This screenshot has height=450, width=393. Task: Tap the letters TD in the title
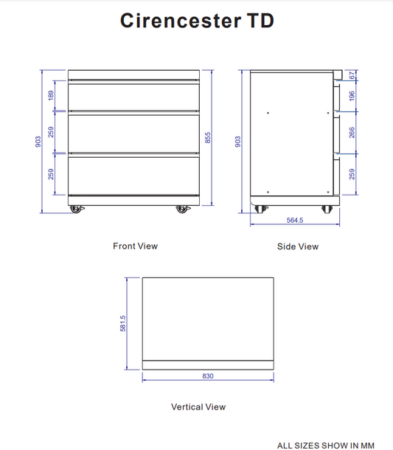pos(257,21)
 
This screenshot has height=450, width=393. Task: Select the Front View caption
pos(135,246)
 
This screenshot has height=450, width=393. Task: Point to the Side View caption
pos(298,246)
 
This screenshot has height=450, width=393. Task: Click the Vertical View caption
pos(198,406)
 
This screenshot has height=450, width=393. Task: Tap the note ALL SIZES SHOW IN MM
pos(325,445)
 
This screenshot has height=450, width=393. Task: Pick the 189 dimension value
pos(51,96)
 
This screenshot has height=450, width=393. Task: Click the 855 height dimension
pos(208,138)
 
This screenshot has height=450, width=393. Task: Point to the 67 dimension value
pos(352,75)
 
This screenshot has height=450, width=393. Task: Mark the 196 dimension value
pos(352,96)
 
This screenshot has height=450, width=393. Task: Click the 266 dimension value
pos(352,133)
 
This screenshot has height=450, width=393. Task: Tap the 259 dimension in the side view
pos(352,174)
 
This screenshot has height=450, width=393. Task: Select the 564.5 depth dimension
pos(295,220)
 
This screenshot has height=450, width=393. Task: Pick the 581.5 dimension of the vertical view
pos(123,323)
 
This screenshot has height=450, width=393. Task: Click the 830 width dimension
pos(207,376)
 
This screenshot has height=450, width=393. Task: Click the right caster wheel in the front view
pos(181,209)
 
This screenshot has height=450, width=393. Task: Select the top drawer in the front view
pos(133,96)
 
